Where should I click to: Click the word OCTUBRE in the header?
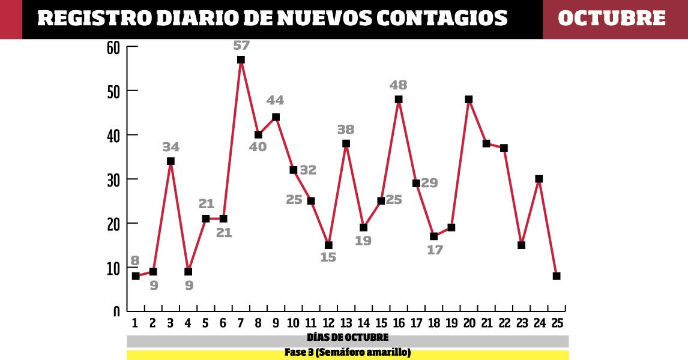coord(612,19)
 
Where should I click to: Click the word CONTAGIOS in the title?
coord(441,19)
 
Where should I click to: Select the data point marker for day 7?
coord(241,59)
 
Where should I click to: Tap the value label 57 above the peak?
coord(241,45)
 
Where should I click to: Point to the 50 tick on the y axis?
coord(114,91)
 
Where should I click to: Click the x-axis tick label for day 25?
coord(557,323)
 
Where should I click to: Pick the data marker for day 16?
coord(399,100)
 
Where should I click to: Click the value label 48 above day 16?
coord(398,85)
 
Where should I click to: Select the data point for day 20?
coord(469,100)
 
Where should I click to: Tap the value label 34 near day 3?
coord(170,147)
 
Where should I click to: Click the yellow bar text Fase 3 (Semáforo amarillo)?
coord(348,353)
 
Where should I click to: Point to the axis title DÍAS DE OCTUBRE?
coord(348,337)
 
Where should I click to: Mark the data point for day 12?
coord(328,245)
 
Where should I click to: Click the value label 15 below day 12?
coord(328,258)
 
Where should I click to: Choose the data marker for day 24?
coord(539,179)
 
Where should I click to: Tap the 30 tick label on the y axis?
coord(114,179)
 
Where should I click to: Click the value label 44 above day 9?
coord(276,100)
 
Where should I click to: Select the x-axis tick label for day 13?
coord(346,323)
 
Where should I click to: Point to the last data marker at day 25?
coord(557,276)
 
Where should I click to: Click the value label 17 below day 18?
coord(434,250)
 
